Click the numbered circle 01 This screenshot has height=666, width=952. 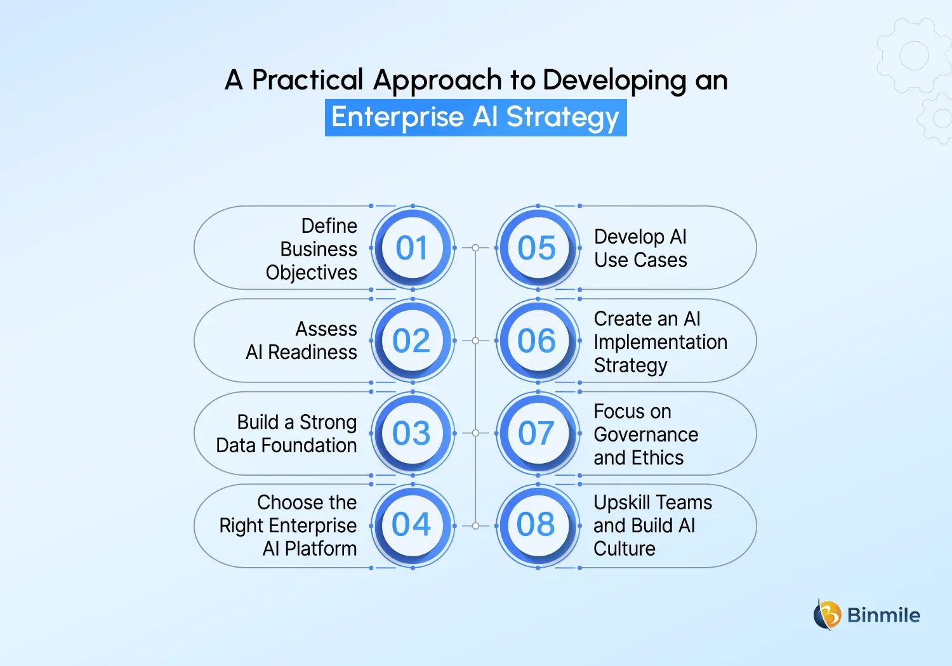[413, 248]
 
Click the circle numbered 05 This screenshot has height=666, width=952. [538, 248]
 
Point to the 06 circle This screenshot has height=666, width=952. [538, 341]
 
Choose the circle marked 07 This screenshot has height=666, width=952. [538, 433]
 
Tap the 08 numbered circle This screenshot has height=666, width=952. [538, 525]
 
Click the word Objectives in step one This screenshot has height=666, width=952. [312, 273]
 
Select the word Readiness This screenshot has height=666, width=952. [312, 352]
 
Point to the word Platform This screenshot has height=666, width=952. [321, 549]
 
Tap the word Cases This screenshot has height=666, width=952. [663, 260]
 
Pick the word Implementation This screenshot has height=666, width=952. [660, 342]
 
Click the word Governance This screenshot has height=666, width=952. [645, 434]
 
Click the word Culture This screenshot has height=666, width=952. [624, 549]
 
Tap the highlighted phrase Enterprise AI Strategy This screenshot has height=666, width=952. [475, 117]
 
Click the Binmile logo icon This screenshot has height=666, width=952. [827, 615]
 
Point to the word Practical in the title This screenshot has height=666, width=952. [308, 81]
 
